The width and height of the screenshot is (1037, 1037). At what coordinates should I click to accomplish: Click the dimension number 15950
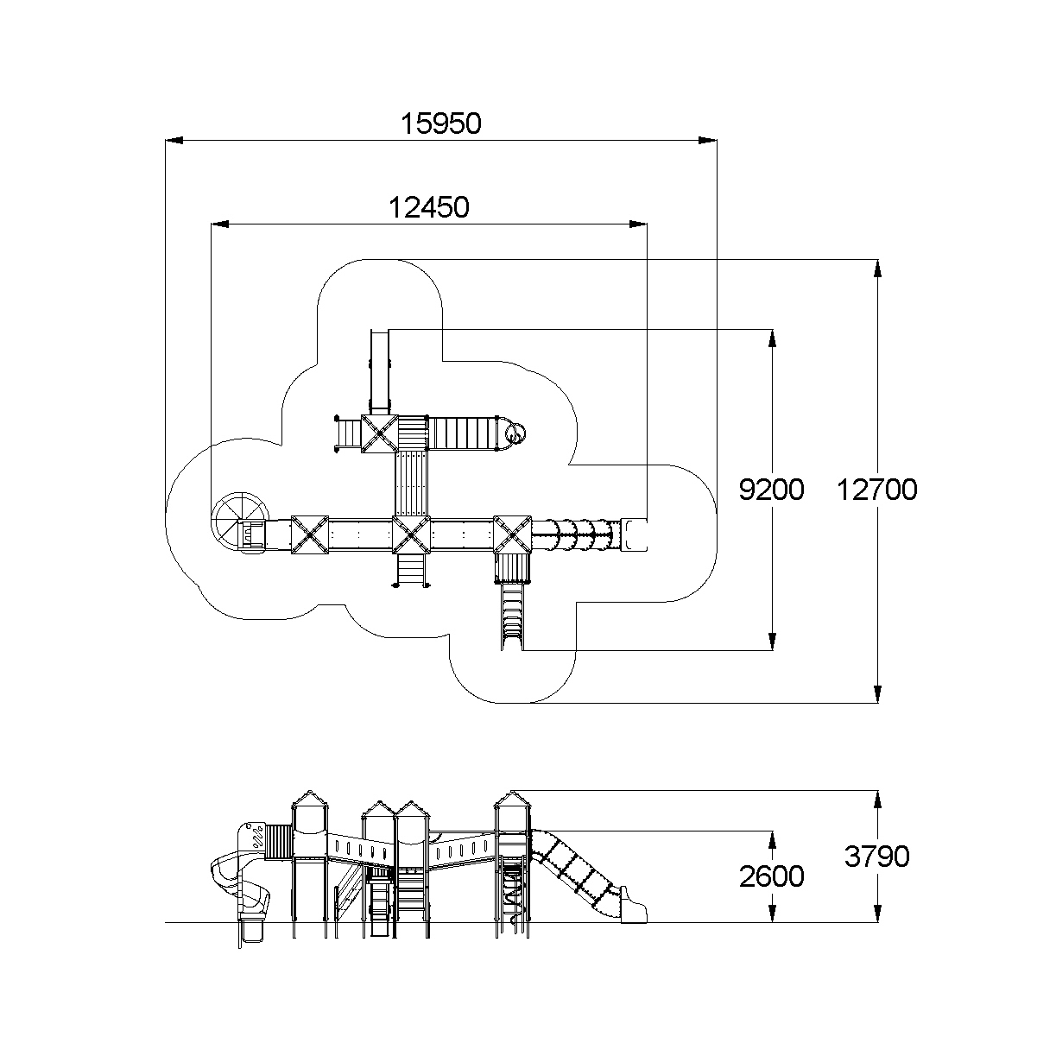click(x=440, y=124)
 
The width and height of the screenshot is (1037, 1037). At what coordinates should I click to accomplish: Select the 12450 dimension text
click(x=428, y=208)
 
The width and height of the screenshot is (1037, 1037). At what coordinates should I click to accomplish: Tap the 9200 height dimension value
click(x=771, y=490)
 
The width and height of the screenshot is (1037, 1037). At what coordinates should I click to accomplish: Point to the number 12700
click(x=876, y=490)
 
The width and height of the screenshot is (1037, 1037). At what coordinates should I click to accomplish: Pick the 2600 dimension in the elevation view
click(x=771, y=876)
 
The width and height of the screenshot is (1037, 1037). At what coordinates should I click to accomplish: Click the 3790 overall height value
click(x=876, y=857)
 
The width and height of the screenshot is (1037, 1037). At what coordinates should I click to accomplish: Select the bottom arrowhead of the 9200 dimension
click(x=772, y=641)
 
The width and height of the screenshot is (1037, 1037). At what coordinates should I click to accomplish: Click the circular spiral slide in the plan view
click(x=235, y=522)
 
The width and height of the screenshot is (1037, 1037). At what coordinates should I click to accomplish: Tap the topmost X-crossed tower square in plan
click(x=378, y=433)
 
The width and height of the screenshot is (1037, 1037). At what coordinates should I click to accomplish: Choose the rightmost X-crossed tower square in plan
click(x=512, y=534)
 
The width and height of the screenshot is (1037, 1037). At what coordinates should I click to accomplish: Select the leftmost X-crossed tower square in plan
click(x=310, y=534)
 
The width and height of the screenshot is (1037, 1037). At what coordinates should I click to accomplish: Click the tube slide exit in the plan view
click(x=634, y=534)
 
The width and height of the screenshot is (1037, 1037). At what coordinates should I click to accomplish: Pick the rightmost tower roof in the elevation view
click(x=510, y=800)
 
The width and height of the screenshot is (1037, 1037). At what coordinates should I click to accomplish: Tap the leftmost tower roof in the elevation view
click(x=310, y=799)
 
